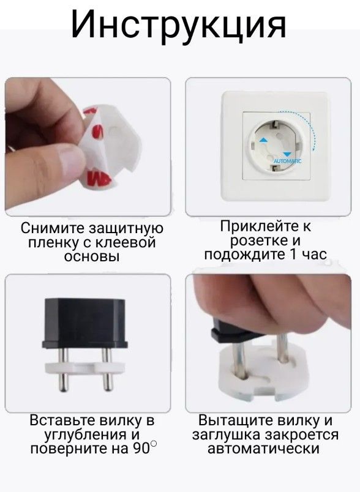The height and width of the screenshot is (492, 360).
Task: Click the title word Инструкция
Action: coord(178,24)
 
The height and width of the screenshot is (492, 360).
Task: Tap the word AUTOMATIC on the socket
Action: coord(287,161)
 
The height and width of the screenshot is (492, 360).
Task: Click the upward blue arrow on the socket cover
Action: coord(263,140)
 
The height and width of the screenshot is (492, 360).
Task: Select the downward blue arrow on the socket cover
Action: coord(287,154)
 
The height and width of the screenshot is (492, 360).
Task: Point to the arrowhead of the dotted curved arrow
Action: coord(314,149)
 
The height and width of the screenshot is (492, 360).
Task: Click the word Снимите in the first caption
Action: coord(53,228)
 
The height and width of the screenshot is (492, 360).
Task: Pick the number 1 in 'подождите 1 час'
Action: coord(291,254)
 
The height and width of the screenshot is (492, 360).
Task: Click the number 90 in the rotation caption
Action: coord(141,449)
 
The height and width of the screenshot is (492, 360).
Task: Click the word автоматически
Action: coord(263,449)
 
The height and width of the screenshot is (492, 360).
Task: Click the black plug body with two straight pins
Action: coord(85,323)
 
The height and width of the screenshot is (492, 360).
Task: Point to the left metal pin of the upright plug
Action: coord(64,370)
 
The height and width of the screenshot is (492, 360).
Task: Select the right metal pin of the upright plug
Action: coord(107,370)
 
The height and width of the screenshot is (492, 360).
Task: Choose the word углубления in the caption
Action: coord(83,435)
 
